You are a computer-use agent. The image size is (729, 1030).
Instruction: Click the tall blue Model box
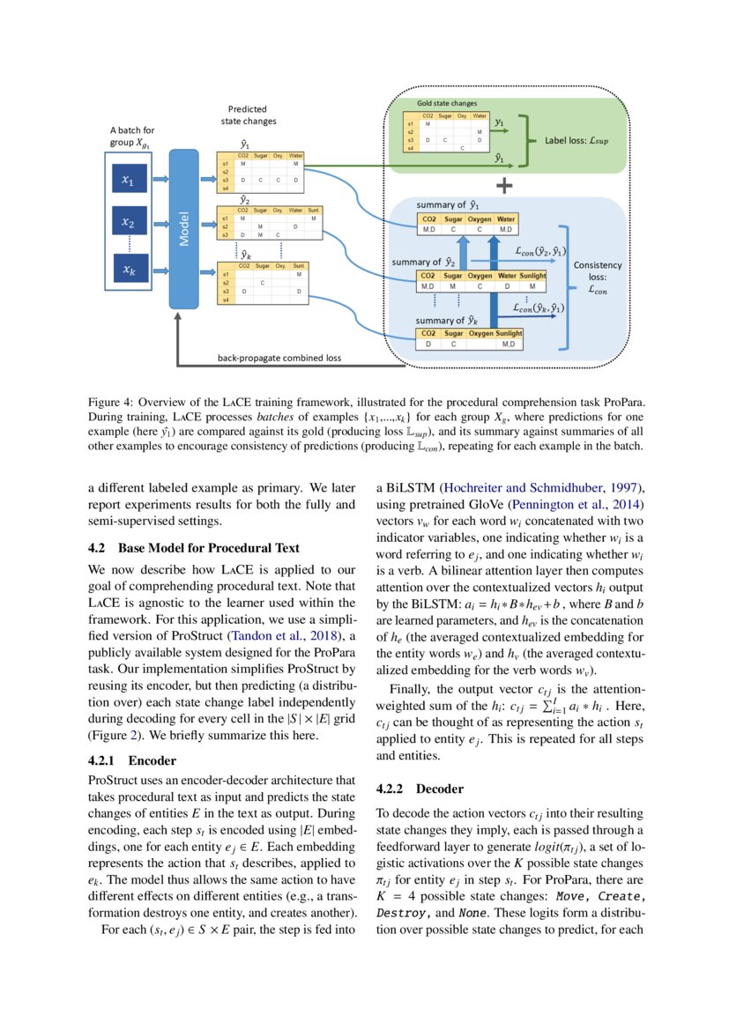click(x=183, y=228)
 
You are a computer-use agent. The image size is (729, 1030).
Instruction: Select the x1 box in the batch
click(x=129, y=182)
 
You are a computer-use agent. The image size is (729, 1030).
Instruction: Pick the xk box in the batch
click(x=129, y=270)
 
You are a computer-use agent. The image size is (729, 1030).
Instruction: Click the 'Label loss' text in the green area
click(x=577, y=139)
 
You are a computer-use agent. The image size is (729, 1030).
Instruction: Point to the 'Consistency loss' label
click(x=597, y=276)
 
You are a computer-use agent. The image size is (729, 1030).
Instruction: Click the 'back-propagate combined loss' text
click(x=279, y=358)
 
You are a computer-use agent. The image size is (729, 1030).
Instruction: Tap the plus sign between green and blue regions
click(x=504, y=186)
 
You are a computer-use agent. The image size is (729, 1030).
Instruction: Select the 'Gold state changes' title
click(x=447, y=104)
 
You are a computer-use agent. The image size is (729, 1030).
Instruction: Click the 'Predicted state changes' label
click(x=247, y=115)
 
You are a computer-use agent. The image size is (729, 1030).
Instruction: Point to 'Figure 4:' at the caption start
click(x=112, y=403)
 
